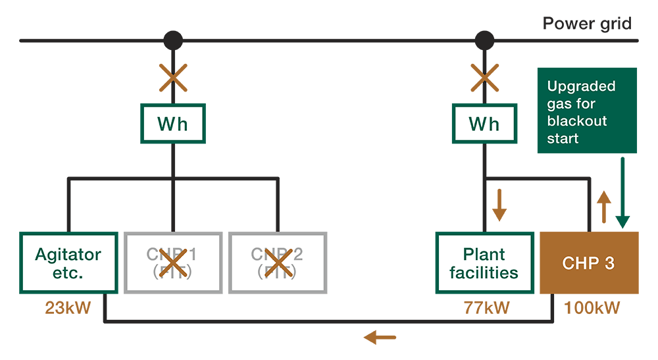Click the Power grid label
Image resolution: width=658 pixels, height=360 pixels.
pos(587,24)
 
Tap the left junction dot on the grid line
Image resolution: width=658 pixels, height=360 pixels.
pos(173,41)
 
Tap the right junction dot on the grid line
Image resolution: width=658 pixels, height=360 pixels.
pos(485,41)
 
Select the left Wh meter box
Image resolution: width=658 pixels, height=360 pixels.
pos(173,124)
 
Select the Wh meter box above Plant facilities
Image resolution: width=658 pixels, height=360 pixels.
pos(485,124)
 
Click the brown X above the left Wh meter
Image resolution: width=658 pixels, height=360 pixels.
pos(173,78)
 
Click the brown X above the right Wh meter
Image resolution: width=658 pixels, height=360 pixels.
pos(485,78)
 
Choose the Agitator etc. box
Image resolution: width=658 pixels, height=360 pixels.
pos(68,263)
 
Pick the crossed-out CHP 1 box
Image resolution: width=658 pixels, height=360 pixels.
pos(173,263)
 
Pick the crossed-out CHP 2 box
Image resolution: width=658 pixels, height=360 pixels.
pos(277,263)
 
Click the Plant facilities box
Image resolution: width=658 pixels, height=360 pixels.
pos(484,263)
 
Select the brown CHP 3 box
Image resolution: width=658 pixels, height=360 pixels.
pos(589,263)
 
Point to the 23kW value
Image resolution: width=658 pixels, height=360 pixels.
pos(68,307)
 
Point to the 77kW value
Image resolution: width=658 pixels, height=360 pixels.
pos(484,307)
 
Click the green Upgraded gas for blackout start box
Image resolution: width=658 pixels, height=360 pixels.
pos(587,111)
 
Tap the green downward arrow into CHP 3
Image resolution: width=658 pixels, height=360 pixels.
pos(622,194)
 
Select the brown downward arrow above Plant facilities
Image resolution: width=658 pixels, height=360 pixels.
pos(499,205)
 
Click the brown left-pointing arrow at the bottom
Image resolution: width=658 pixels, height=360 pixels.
pos(380,338)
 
